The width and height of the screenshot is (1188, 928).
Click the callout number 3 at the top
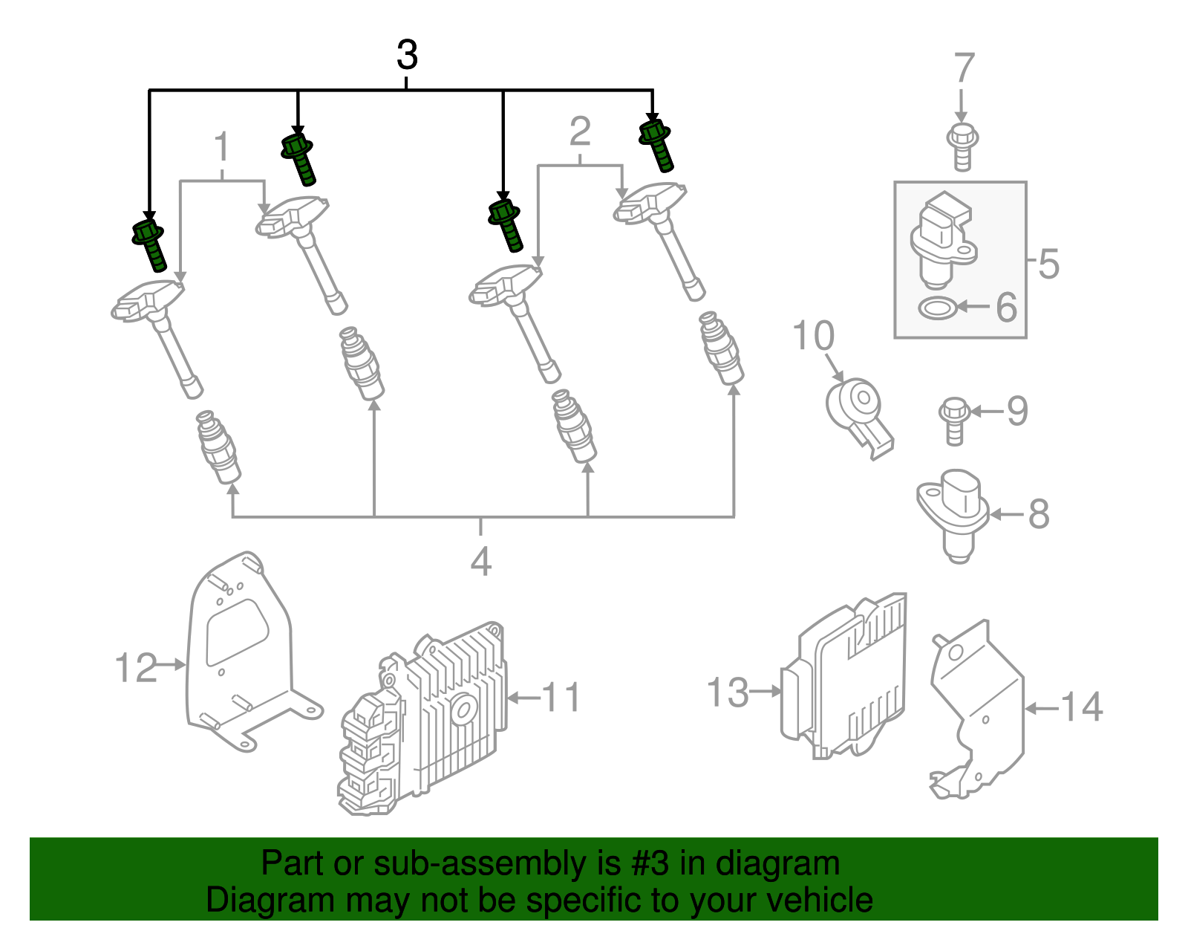pyautogui.click(x=407, y=56)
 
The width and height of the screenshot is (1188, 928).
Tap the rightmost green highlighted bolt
pyautogui.click(x=657, y=145)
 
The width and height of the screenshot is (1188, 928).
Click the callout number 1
pyautogui.click(x=222, y=148)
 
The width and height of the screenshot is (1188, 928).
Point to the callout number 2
pyautogui.click(x=580, y=132)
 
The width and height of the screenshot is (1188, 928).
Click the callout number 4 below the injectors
pyautogui.click(x=481, y=562)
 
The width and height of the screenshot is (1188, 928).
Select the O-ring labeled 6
pyautogui.click(x=937, y=307)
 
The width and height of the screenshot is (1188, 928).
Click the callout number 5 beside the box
pyautogui.click(x=1048, y=264)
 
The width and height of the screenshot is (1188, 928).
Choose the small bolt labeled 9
pyautogui.click(x=953, y=421)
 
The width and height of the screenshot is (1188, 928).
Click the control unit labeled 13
pyautogui.click(x=846, y=676)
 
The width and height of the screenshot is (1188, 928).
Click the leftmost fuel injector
pyautogui.click(x=218, y=447)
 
